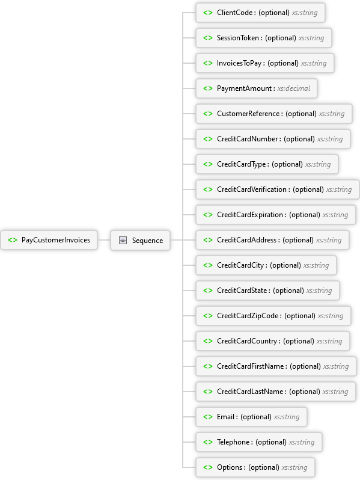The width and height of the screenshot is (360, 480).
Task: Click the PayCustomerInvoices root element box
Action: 49,240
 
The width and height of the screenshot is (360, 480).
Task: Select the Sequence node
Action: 140,241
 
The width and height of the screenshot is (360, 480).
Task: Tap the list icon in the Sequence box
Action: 123,241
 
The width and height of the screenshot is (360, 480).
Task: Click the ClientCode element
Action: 260,13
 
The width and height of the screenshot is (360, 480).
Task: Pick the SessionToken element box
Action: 264,38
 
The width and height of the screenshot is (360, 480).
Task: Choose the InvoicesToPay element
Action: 265,63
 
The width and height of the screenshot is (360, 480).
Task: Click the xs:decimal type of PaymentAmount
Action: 294,88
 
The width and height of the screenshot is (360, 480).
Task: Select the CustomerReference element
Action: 274,114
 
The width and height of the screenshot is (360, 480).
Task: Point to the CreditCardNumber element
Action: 273,139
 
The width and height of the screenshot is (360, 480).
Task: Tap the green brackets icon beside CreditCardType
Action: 208,164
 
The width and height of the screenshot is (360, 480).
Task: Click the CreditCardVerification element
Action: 278,189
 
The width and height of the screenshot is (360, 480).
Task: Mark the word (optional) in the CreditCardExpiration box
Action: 304,215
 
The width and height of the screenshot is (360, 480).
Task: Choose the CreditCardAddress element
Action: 272,240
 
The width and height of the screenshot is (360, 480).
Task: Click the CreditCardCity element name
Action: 240,265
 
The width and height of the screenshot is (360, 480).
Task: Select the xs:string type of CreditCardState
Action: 319,291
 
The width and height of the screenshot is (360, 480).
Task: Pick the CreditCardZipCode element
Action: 273,316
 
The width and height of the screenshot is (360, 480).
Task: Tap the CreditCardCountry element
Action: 273,341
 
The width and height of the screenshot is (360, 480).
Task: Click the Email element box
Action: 251,417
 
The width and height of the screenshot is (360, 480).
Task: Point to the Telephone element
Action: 259,442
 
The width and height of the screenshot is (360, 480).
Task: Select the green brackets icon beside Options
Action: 208,467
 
